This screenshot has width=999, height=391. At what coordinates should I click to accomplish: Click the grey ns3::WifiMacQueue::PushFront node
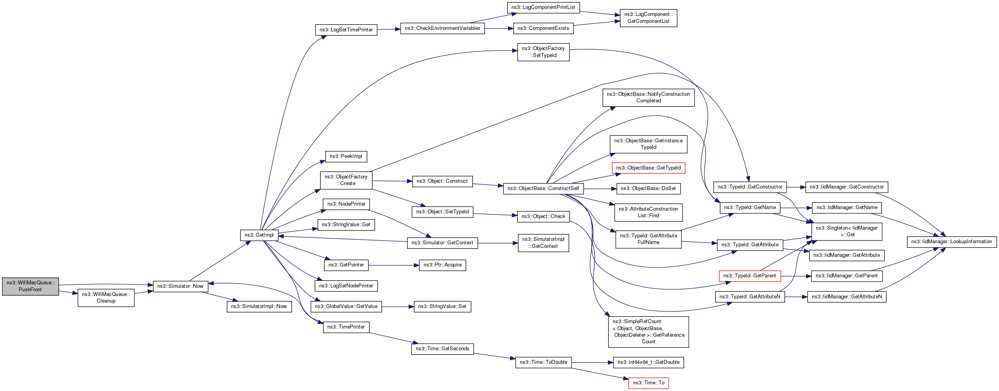click(30, 286)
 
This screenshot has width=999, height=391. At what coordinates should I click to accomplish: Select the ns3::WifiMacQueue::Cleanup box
click(106, 298)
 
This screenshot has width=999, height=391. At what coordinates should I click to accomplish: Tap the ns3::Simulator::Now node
click(181, 286)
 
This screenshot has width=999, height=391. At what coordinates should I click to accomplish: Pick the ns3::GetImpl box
click(259, 235)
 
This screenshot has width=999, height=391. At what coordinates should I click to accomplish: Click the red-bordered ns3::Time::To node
click(648, 383)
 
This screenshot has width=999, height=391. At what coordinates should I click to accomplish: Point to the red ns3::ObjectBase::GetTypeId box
click(648, 168)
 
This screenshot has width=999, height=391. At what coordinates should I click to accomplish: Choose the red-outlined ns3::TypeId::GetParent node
click(750, 276)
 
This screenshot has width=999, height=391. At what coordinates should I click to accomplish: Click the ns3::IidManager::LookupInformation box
click(952, 242)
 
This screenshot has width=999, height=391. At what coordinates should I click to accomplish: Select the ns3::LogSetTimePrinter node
click(346, 30)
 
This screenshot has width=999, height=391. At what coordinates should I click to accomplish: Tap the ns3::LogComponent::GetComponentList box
click(648, 18)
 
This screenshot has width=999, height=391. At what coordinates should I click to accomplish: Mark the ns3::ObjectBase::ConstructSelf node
click(543, 189)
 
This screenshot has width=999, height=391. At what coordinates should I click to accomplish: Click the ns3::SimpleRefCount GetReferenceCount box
click(648, 332)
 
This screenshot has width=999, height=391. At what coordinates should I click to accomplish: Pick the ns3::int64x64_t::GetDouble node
click(648, 362)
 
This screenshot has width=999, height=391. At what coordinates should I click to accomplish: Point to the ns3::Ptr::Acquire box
click(443, 265)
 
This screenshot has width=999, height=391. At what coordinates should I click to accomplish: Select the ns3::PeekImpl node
click(346, 156)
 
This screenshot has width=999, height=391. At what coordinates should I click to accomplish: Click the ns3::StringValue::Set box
click(443, 306)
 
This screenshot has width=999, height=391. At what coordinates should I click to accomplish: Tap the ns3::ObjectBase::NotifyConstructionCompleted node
click(648, 97)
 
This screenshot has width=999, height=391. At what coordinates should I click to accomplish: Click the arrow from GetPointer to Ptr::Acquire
click(394, 265)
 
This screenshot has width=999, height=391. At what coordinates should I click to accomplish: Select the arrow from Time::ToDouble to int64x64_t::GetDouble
click(592, 363)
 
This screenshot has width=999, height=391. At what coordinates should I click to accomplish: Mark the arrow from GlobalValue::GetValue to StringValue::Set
click(398, 307)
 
